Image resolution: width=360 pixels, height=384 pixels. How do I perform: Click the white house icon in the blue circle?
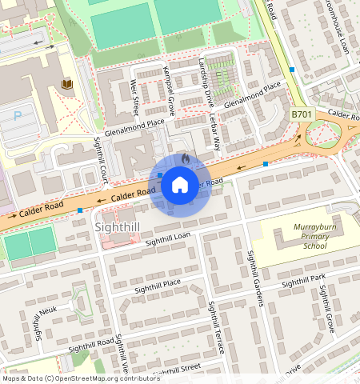(180, 186)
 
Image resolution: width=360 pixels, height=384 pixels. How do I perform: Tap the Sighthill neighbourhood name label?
(118, 228)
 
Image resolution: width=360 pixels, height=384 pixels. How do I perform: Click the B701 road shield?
(301, 115)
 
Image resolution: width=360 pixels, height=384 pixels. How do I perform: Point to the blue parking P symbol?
(18, 115)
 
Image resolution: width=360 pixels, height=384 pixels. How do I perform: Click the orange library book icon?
(67, 83)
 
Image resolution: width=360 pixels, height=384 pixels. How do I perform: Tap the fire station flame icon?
(186, 160)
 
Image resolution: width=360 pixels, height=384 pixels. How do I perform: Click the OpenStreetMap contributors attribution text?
(80, 378)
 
